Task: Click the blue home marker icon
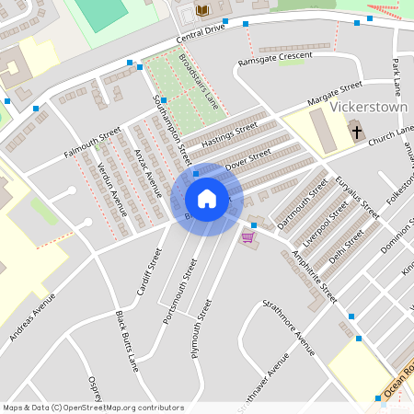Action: coord(207,199)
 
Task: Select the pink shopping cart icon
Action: coord(247,236)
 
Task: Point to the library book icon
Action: coord(203,10)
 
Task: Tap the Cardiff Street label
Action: coord(146,268)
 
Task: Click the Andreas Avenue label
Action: coord(32,318)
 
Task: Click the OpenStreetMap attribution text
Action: coord(93,407)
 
